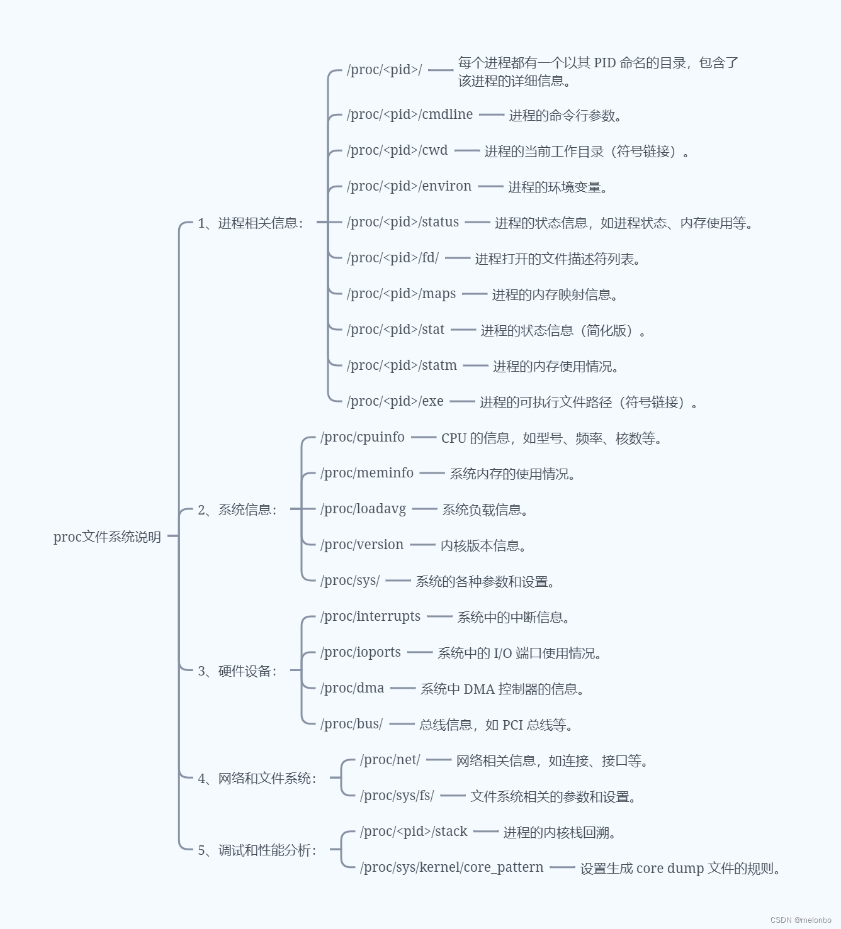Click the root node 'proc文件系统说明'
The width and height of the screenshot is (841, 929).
pos(107,537)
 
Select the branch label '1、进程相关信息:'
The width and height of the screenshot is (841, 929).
pos(250,223)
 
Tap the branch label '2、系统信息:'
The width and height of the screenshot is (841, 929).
pos(237,509)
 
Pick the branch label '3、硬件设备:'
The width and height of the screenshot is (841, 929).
pos(237,671)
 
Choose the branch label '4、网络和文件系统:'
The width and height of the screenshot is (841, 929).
pos(257,779)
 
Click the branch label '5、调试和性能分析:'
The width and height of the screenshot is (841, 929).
pos(257,850)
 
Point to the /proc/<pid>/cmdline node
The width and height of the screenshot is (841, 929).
pos(410,114)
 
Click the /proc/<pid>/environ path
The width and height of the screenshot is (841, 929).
pos(409,186)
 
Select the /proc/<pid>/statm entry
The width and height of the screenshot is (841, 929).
pos(402,365)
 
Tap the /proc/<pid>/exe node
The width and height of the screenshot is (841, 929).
pos(395,401)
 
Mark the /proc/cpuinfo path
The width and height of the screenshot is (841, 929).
pos(363,437)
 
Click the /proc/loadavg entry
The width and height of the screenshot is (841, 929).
pos(363,509)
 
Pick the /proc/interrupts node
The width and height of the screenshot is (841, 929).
pos(371,616)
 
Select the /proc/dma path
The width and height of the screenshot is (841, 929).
pos(353,688)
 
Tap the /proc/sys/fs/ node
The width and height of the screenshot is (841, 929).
pos(397,796)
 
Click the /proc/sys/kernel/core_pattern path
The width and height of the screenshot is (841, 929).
pos(452,867)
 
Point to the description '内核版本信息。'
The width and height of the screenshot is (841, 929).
pos(483,545)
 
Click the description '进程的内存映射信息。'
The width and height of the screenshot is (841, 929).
pos(555,294)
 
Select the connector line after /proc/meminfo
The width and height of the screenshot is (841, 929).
pos(432,473)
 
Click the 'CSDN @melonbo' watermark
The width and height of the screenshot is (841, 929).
pos(801,920)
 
